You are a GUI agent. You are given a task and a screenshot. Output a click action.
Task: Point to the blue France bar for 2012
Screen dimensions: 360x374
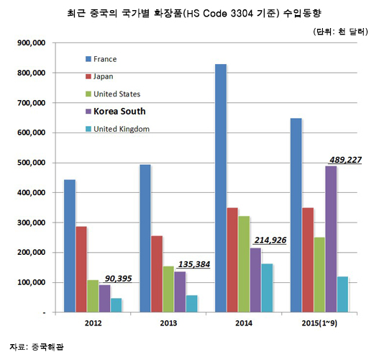(69, 246)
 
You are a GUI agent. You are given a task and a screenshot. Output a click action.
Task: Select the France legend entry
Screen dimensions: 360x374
(105, 59)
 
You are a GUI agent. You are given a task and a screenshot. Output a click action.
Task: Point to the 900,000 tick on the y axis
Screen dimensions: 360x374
(30, 43)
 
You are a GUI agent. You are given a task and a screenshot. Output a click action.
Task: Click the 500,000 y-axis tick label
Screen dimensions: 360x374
(30, 163)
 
